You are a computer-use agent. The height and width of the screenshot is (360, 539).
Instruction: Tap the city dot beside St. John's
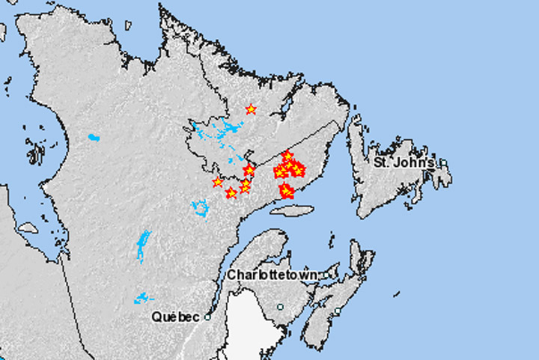click(443, 162)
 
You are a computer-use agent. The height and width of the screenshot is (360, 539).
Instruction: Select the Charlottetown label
click(272, 275)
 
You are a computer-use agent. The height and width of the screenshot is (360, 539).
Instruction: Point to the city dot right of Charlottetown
click(323, 275)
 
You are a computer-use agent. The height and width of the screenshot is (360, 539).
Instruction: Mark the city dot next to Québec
click(207, 317)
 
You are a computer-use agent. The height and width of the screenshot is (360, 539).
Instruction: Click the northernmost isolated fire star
click(251, 109)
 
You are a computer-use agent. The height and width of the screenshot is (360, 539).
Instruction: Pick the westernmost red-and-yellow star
click(217, 182)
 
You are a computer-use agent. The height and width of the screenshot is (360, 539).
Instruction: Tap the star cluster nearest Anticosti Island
click(285, 191)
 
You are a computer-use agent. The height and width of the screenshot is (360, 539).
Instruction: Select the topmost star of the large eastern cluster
click(287, 155)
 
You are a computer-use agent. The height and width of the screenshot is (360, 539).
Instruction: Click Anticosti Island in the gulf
click(289, 210)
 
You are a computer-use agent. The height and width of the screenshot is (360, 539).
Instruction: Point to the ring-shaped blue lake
click(200, 207)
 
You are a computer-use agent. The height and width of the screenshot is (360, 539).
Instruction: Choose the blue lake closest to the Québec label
click(142, 298)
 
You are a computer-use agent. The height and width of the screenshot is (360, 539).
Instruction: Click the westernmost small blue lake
click(94, 138)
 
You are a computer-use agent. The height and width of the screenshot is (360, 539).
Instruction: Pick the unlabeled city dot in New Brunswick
click(280, 307)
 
